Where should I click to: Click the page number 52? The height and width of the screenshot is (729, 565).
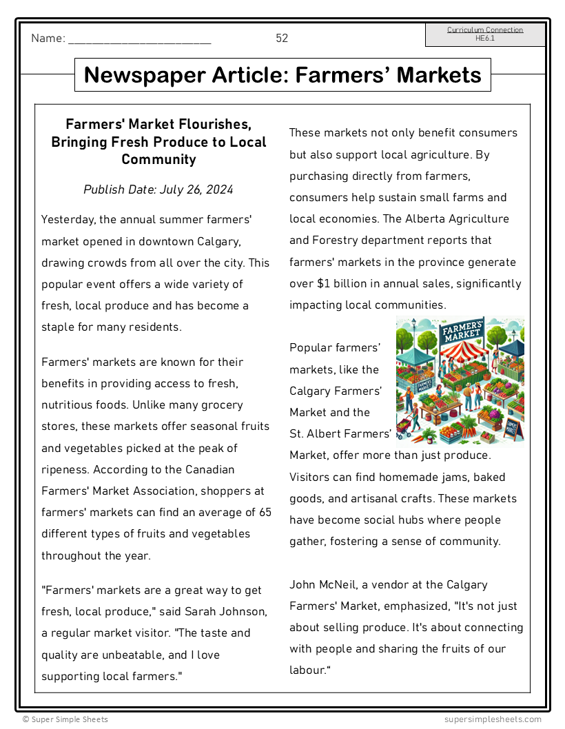point(282,39)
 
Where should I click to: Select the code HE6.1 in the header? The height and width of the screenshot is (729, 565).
point(485,39)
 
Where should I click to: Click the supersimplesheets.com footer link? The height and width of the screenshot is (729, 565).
point(493,719)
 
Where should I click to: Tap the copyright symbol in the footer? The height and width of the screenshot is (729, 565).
point(25,719)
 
